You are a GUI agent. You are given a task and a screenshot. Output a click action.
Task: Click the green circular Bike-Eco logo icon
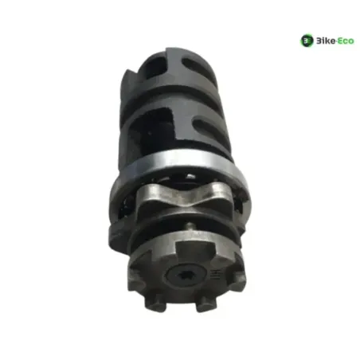pos(307,41)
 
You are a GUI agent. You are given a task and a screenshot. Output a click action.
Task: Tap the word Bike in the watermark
pos(325,41)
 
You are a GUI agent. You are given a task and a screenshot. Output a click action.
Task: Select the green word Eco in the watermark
pos(346,41)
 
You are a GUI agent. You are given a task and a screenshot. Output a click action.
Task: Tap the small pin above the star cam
pos(190,226)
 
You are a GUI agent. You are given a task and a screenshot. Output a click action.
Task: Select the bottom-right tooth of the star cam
pos(206,304)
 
